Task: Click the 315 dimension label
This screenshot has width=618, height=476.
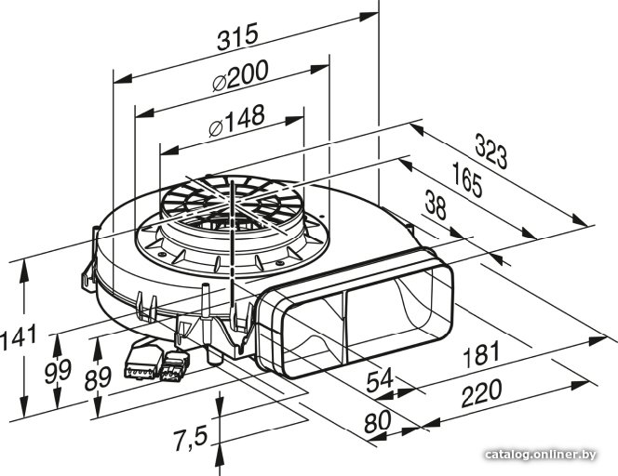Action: [x=237, y=36]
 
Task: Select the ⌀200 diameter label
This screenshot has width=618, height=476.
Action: [x=240, y=75]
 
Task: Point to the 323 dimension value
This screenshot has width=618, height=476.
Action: [x=490, y=152]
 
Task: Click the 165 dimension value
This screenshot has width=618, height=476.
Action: [x=467, y=179]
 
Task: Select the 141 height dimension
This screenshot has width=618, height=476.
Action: [x=18, y=337]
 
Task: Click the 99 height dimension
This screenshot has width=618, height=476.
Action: [x=58, y=371]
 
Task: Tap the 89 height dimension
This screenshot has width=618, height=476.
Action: [x=98, y=378]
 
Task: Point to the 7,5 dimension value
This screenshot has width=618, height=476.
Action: [x=191, y=439]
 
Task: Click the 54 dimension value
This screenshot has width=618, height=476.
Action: [x=380, y=379]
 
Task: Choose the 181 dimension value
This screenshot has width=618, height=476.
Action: [x=481, y=354]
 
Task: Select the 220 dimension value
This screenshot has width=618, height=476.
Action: [x=481, y=392]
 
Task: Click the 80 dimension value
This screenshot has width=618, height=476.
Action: [x=377, y=421]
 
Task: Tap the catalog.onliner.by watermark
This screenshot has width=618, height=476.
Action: [x=541, y=455]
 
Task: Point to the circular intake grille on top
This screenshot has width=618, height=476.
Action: [x=232, y=201]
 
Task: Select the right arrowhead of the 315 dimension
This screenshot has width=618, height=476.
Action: [x=369, y=17]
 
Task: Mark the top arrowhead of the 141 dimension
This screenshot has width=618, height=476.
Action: [x=24, y=271]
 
